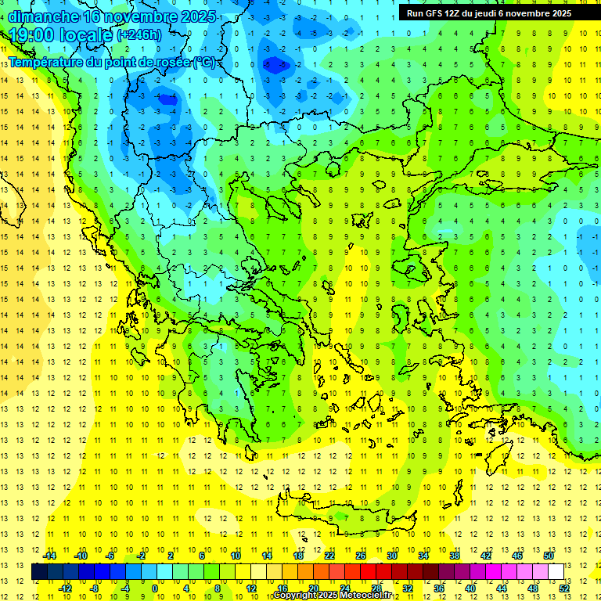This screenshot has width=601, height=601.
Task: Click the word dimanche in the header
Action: tap(42, 16)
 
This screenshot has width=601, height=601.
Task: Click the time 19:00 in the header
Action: tap(34, 34)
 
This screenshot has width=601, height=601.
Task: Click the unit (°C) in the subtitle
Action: tap(204, 62)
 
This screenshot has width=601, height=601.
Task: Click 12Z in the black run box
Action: tap(459, 13)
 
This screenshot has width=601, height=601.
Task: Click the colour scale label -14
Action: tap(49, 556)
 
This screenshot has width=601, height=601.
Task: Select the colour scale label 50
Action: tap(548, 556)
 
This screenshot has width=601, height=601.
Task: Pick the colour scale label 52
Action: tap(563, 588)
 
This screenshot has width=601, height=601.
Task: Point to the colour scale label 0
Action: tap(154, 588)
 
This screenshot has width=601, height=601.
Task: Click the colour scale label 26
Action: tap(361, 556)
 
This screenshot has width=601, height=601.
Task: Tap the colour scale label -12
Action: tap(65, 588)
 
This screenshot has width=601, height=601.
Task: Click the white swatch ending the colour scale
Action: tap(556, 571)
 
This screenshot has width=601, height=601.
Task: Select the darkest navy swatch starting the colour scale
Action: tap(39, 571)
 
